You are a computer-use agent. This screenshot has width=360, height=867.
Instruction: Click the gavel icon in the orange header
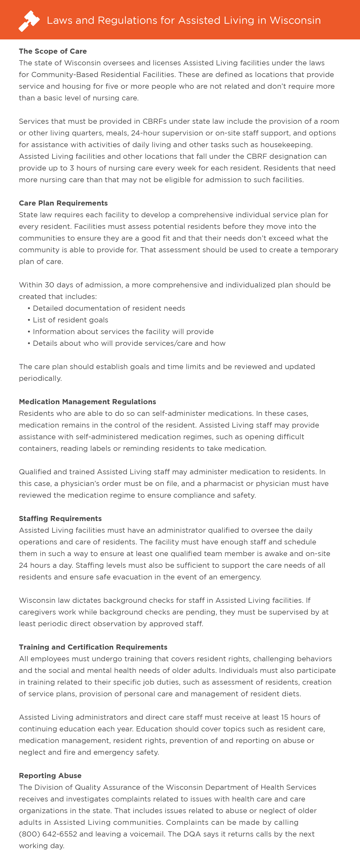pyautogui.click(x=29, y=21)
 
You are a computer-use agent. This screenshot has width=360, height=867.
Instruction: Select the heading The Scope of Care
pyautogui.click(x=53, y=51)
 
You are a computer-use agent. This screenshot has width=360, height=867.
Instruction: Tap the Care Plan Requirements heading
pyautogui.click(x=63, y=203)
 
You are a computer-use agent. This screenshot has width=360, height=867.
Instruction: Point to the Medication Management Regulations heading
pyautogui.click(x=87, y=401)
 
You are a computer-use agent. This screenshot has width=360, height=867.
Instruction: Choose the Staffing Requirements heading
pyautogui.click(x=60, y=518)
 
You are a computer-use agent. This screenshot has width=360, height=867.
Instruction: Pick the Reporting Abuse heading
pyautogui.click(x=50, y=776)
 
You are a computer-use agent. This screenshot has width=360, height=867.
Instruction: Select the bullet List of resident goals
pyautogui.click(x=70, y=320)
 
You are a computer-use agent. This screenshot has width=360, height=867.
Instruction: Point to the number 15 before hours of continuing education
pyautogui.click(x=285, y=717)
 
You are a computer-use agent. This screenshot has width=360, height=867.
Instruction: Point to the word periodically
pyautogui.click(x=40, y=378)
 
